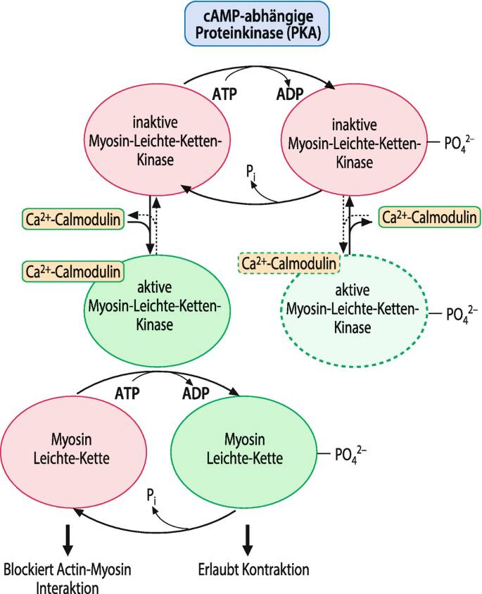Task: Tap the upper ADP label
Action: click(x=289, y=94)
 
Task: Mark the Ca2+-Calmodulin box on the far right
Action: click(x=429, y=217)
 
